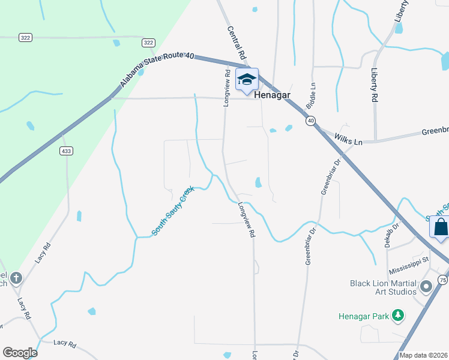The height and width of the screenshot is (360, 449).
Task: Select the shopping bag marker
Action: (x=440, y=227)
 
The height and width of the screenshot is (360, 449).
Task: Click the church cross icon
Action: (x=16, y=278)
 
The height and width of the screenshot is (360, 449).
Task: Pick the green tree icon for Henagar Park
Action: (x=397, y=315)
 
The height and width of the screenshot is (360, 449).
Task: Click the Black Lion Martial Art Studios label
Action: (x=383, y=287)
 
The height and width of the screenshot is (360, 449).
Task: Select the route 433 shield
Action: (x=66, y=151)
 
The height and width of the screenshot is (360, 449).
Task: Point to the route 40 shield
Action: (x=310, y=121)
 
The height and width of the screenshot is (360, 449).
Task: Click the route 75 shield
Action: (x=442, y=280)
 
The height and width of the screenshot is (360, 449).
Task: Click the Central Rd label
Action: (x=237, y=42)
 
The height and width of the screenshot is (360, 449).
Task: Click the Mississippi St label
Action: (x=408, y=260)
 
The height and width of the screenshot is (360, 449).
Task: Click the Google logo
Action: (x=20, y=352)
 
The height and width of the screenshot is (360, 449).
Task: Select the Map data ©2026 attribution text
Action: (x=424, y=355)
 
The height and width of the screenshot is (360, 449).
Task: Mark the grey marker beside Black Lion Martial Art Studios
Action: (x=426, y=287)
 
